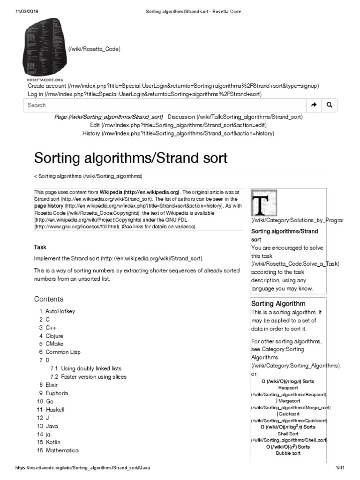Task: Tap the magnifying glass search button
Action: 330,105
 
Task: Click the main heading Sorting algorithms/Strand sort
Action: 131,158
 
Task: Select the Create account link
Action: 47,86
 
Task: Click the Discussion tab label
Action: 181,117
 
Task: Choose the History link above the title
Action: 91,134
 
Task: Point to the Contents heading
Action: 49,299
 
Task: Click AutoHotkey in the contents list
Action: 60,311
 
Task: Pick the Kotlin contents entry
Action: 53,442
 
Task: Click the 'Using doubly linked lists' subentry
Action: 91,368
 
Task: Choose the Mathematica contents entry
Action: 62,450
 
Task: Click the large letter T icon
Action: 264,203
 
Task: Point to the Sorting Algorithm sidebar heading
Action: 278,304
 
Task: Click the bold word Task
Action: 40,247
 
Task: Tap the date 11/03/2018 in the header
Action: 22,12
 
